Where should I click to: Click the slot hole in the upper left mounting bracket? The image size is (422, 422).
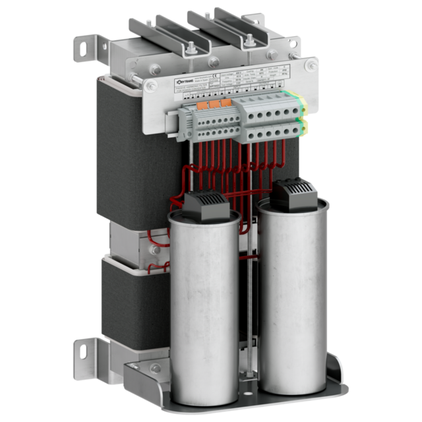84,47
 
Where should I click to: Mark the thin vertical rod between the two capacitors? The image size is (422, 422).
250,310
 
